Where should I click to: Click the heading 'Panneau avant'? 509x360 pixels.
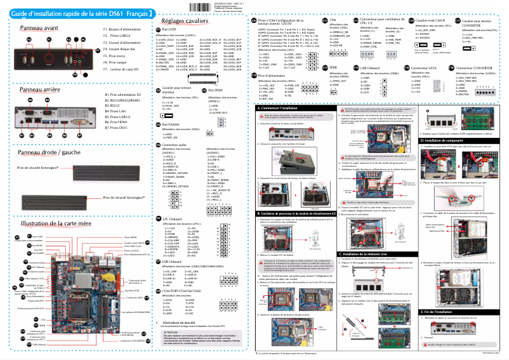click(39, 29)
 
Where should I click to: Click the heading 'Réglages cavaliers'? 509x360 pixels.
click(185, 21)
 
